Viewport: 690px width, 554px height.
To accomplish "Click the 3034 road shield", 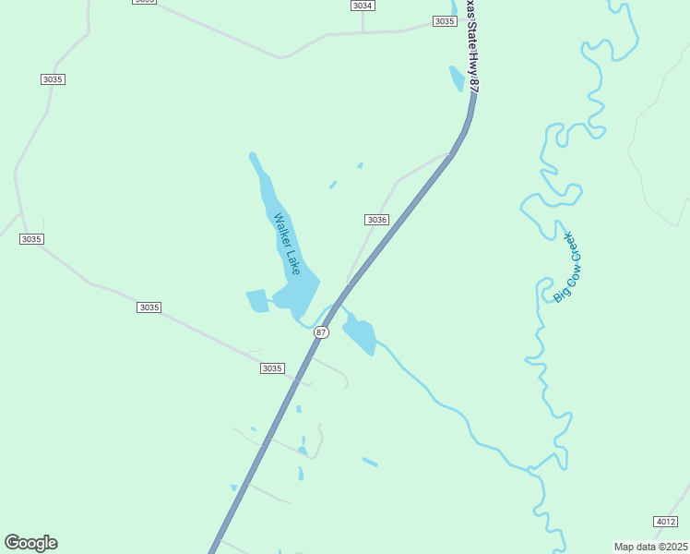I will click(363, 6).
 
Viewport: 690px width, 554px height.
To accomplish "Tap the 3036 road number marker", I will click(376, 220).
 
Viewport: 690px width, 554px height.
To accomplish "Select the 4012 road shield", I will click(665, 522).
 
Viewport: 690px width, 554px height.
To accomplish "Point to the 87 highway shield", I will click(321, 332).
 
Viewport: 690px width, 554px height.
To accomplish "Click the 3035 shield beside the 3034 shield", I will click(445, 21).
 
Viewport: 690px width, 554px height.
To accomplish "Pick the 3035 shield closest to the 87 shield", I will click(271, 368).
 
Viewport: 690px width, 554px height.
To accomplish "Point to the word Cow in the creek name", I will click(565, 274).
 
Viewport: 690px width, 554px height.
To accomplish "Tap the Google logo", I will click(30, 543).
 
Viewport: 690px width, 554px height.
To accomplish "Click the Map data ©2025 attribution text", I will click(650, 547).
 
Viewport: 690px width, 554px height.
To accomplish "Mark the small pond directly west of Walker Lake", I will click(256, 301).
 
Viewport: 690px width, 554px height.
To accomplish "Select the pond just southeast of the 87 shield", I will click(360, 335).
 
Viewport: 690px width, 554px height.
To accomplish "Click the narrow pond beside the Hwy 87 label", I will click(457, 78).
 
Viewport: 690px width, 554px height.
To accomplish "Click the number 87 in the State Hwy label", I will click(475, 85).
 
